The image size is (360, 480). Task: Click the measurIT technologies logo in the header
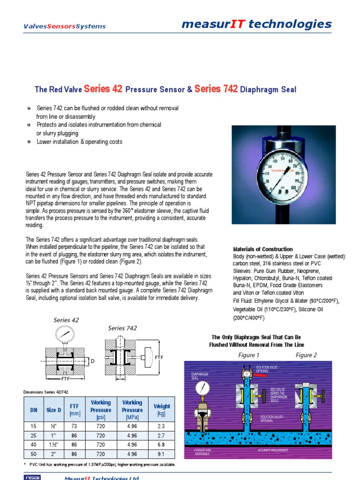coord(256,24)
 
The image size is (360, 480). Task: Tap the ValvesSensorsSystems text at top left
coord(65,27)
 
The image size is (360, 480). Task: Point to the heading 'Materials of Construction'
coord(262,249)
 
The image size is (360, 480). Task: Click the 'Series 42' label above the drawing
coord(66,320)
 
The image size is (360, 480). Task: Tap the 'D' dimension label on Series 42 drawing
coord(92,361)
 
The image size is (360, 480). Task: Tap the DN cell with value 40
coord(33,444)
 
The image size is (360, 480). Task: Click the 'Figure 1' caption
coord(249,355)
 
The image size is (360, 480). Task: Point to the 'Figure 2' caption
coord(306,355)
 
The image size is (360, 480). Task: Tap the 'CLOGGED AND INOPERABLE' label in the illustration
coord(203,452)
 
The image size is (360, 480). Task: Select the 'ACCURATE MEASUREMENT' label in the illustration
coord(273,450)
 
